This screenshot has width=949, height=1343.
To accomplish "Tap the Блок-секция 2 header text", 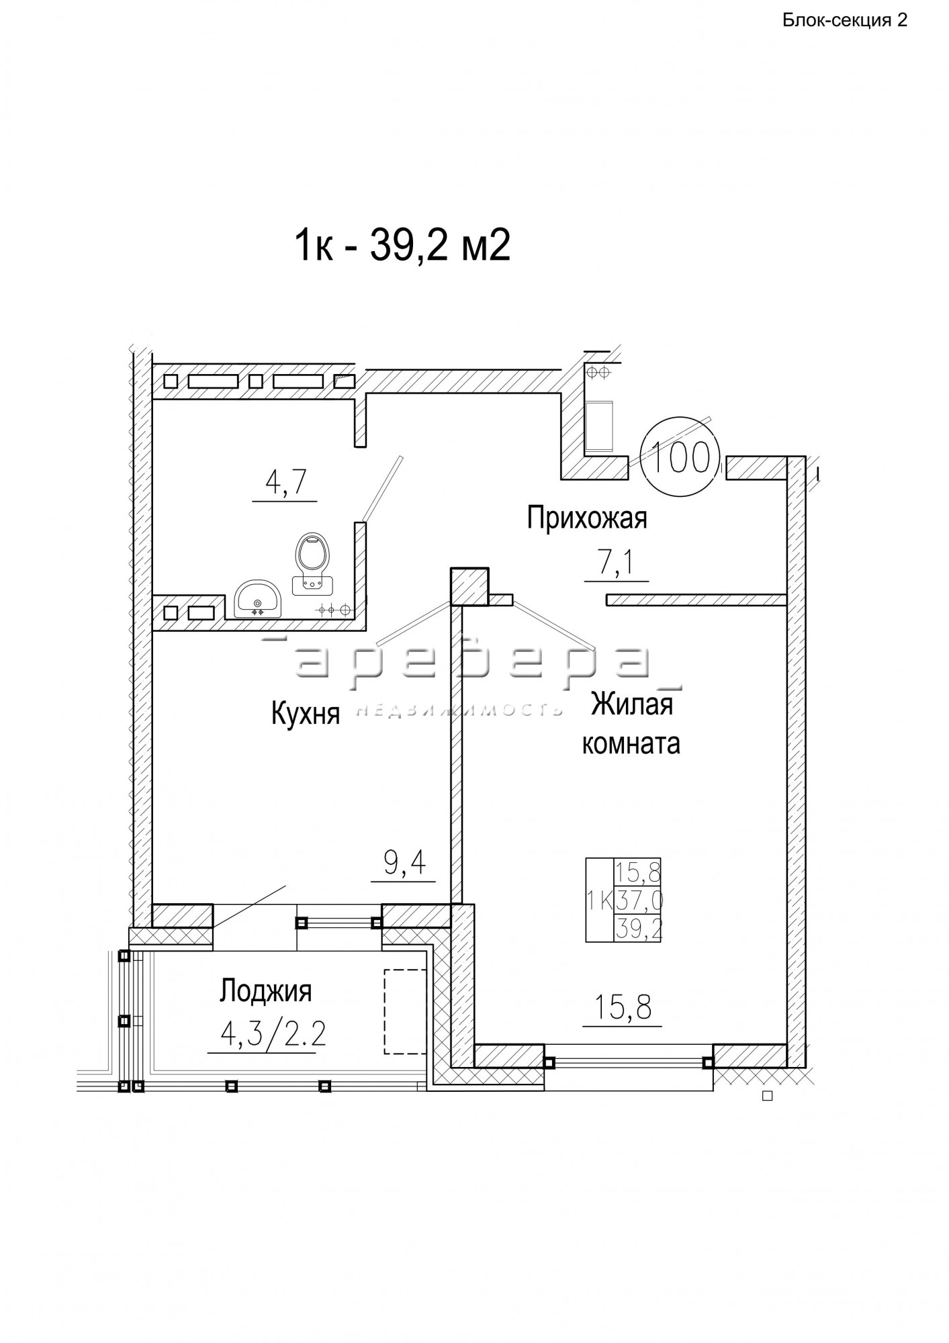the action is tap(845, 20).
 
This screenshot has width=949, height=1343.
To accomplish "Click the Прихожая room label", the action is tap(586, 518).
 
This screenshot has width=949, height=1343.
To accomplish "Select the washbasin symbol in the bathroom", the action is tap(259, 598).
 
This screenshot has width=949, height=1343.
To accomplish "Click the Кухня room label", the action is tap(306, 714).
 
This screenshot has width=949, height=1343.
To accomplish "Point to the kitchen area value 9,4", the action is tap(406, 863).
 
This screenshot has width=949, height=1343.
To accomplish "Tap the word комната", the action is tap(631, 743).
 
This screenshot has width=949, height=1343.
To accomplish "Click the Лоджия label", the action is tap(266, 991).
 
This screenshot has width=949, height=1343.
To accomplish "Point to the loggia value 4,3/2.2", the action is tap(273, 1035).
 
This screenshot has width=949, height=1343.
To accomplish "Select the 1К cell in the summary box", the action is tap(600, 900).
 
